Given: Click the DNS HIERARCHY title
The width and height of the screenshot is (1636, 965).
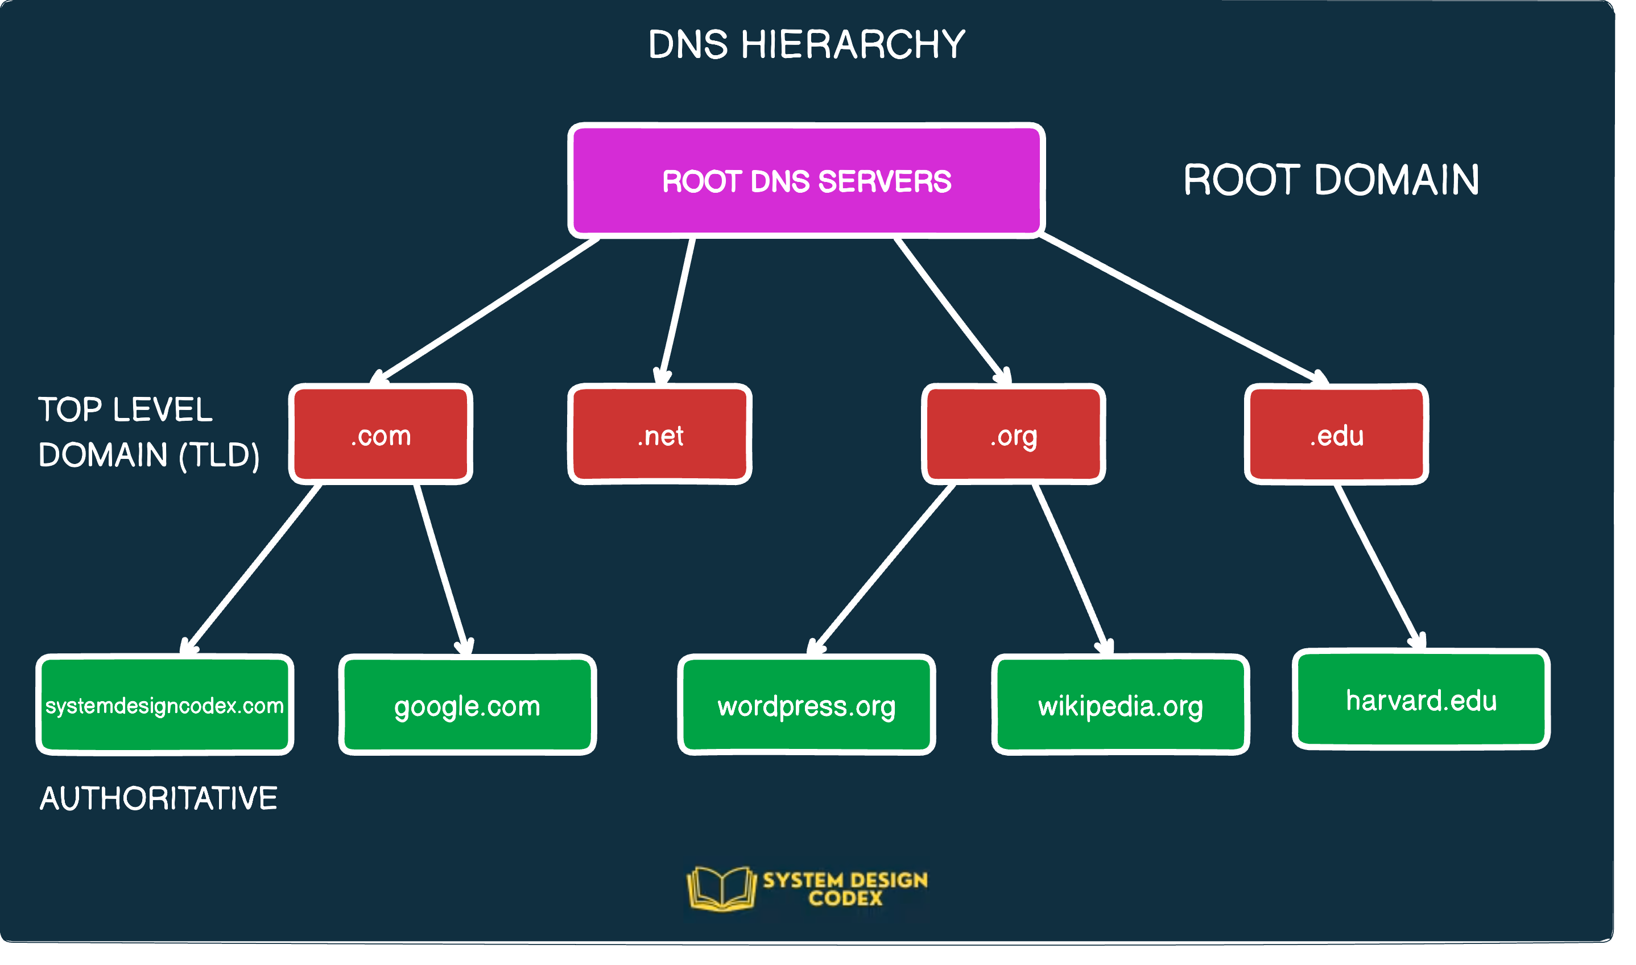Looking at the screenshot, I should click(x=807, y=44).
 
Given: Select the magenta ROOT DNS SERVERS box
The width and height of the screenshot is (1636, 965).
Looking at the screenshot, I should click(x=807, y=181).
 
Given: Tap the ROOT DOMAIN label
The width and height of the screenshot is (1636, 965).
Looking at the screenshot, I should click(x=1331, y=180).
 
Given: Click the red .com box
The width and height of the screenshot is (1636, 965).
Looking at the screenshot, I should click(x=381, y=434).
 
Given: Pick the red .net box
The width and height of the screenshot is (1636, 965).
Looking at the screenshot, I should click(x=660, y=434).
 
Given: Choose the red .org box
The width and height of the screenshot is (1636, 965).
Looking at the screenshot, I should click(x=1014, y=434).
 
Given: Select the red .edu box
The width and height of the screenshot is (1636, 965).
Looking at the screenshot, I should click(x=1336, y=434).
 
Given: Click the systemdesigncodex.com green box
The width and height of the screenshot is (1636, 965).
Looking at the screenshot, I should click(x=164, y=706).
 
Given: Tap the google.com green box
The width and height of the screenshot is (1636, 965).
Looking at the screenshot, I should click(x=467, y=706).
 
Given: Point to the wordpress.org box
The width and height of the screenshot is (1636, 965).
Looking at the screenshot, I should click(x=807, y=706).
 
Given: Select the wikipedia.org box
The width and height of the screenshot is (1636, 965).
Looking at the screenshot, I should click(x=1120, y=706).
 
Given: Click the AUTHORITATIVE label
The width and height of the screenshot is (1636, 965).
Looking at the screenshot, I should click(x=159, y=798).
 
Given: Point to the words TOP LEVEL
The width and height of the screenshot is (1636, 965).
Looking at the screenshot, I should click(x=125, y=409).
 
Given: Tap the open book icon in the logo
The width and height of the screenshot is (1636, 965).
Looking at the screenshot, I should click(x=721, y=888).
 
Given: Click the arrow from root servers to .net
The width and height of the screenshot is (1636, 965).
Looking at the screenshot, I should click(x=678, y=309).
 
